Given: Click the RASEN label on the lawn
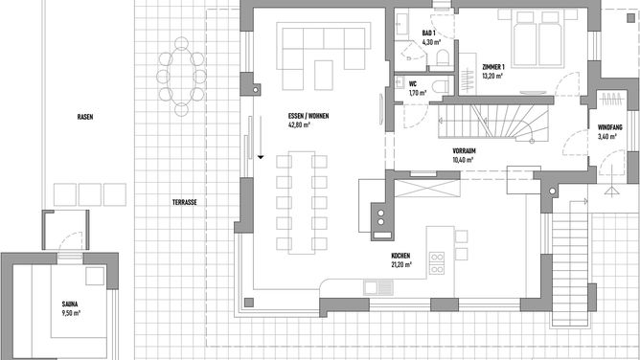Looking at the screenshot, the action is [85, 117].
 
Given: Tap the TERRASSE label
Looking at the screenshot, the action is [185, 202].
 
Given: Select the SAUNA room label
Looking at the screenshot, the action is [70, 304].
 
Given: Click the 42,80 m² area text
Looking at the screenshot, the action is [299, 124].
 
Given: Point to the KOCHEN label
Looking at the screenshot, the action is [400, 256].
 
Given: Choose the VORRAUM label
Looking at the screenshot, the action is [464, 151].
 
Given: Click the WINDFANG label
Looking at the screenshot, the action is [609, 127].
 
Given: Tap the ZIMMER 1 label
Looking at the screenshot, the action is [493, 67].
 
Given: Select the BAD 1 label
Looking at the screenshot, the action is [428, 33].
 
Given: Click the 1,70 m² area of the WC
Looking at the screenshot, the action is [418, 93].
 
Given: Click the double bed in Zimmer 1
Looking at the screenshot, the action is [537, 38].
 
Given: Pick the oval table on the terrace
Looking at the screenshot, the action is [181, 77].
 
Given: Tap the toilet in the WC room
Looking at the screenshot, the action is [441, 86].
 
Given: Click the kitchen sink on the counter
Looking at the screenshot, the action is [378, 288].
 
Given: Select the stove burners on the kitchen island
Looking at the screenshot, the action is [437, 263].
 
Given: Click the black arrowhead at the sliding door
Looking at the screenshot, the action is [261, 157].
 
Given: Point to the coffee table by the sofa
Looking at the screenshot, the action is [324, 75].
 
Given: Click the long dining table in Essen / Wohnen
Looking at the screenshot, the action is [302, 203].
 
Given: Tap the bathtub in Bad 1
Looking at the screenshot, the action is [401, 23].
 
